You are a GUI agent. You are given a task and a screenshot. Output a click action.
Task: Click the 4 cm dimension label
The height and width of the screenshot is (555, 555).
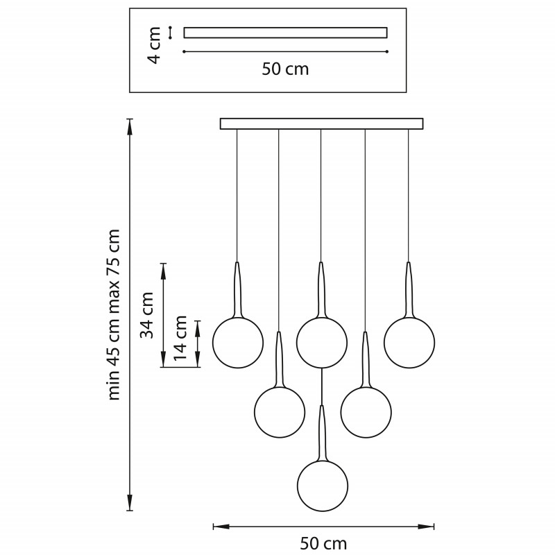click(155, 45)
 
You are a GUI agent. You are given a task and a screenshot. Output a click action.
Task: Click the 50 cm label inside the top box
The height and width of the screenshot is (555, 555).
click(285, 69)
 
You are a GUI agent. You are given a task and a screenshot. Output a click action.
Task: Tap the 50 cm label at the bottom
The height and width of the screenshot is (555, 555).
click(323, 543)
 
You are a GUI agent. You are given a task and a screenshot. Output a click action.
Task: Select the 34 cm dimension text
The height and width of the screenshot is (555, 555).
click(147, 314)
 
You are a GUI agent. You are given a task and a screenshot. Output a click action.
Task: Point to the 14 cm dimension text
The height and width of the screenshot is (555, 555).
click(181, 338)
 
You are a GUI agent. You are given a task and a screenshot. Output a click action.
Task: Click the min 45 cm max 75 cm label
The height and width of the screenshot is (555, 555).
click(114, 314)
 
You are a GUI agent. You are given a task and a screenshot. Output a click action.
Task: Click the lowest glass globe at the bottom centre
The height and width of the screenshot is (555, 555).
click(323, 486)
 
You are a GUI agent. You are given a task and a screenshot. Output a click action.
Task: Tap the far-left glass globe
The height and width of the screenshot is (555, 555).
click(238, 343)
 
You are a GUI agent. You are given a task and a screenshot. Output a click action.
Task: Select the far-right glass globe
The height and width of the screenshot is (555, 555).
click(409, 343)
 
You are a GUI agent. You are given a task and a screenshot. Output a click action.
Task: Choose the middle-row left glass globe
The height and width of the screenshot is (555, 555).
click(280, 412)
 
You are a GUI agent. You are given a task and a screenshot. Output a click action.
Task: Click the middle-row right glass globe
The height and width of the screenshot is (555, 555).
click(366, 412)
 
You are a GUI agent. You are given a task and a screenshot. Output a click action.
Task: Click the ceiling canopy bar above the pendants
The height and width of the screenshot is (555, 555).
click(321, 123)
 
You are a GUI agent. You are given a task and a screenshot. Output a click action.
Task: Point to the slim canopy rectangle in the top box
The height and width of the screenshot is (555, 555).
click(285, 33)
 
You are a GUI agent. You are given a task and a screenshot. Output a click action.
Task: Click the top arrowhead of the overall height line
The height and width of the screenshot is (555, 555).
click(130, 123)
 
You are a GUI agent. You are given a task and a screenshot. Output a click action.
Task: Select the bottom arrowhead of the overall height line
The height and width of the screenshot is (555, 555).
click(130, 506)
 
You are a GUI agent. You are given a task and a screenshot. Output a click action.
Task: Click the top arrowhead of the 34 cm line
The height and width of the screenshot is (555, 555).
click(164, 267)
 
